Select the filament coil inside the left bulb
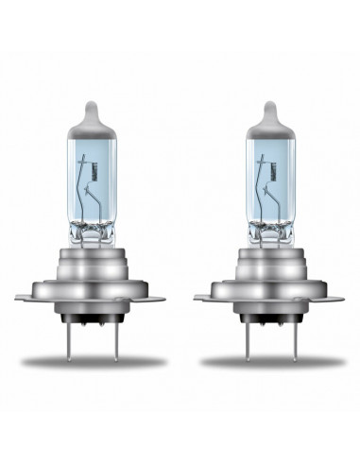point(115,174)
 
